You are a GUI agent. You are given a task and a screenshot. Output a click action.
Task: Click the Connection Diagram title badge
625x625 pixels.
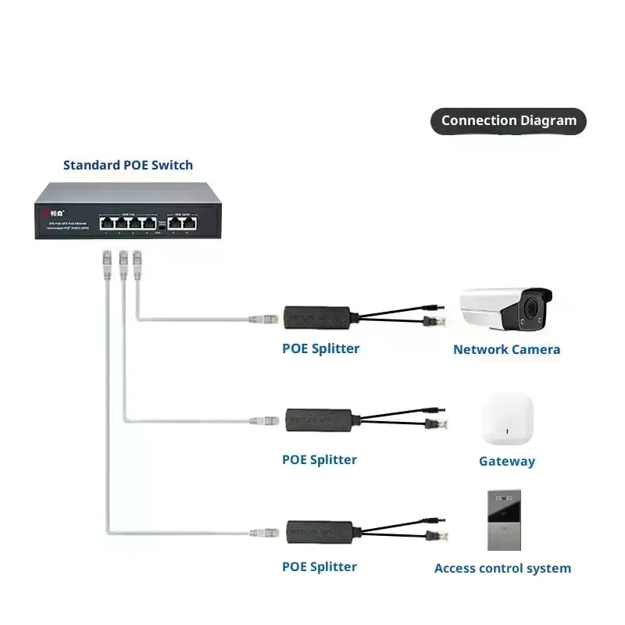[509, 121]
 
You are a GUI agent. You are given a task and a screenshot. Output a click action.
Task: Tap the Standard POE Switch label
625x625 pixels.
[128, 165]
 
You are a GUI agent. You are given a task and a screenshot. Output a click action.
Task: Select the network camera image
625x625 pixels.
[505, 308]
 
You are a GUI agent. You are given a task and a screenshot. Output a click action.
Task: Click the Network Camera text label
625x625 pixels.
[506, 349]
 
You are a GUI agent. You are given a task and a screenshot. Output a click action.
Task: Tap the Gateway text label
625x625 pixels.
[507, 461]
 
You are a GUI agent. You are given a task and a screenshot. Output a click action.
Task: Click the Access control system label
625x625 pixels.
[502, 568]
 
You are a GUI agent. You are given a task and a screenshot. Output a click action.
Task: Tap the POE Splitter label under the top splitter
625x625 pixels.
[320, 348]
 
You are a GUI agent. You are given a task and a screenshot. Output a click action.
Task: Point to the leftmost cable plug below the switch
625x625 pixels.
[107, 261]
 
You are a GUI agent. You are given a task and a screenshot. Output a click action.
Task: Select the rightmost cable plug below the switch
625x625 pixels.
[137, 261]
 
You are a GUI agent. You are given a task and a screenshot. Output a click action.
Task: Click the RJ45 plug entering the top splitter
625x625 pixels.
[263, 319]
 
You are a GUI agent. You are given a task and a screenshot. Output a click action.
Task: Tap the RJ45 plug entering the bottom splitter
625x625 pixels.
[263, 533]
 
